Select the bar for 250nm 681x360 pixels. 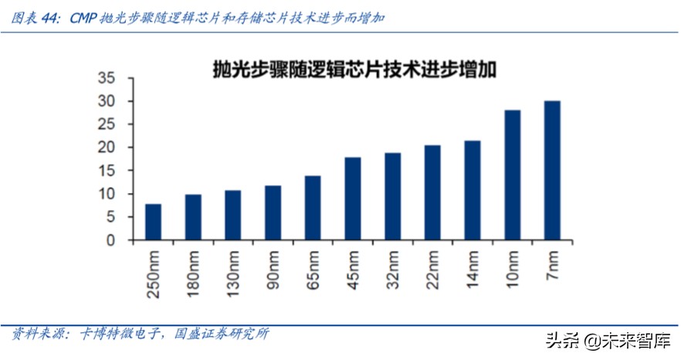click(x=154, y=222)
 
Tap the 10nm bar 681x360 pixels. click(x=512, y=175)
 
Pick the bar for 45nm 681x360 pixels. click(x=353, y=199)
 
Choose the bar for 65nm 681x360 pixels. click(x=313, y=208)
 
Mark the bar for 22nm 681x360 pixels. click(x=432, y=192)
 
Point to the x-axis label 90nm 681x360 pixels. click(x=273, y=269)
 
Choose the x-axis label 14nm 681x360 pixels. click(x=472, y=269)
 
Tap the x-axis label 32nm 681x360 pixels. click(x=392, y=269)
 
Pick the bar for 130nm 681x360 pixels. click(x=233, y=215)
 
